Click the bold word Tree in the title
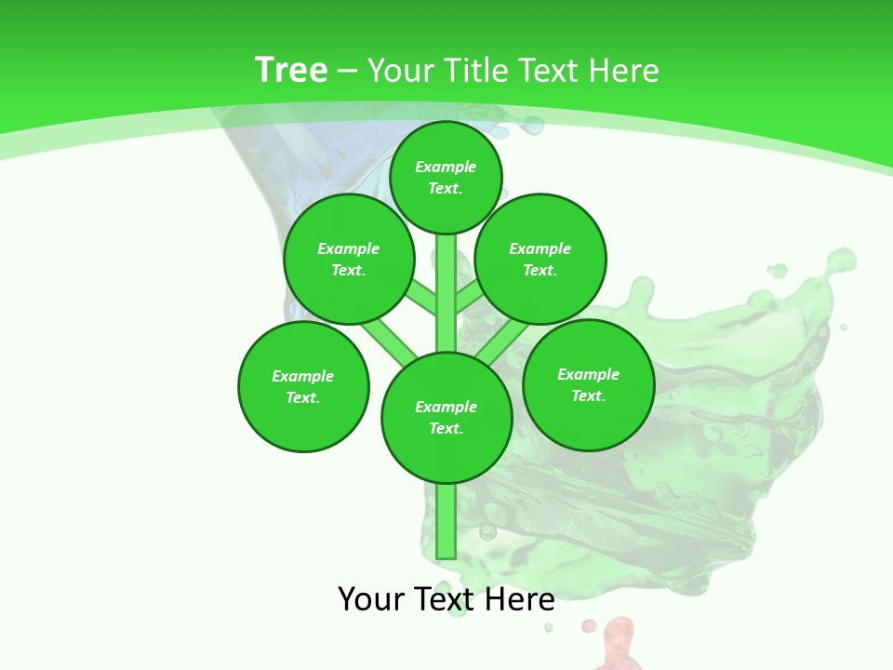point(291,70)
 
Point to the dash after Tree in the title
point(347,71)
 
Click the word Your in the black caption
point(371,598)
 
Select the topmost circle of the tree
point(446,177)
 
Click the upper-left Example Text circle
point(349,259)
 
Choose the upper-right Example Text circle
point(540,259)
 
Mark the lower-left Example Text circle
point(303,386)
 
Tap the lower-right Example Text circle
point(588,384)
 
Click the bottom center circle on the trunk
point(446,418)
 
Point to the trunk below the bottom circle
point(446,521)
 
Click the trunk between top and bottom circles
point(446,298)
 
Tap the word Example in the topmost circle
point(446,167)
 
